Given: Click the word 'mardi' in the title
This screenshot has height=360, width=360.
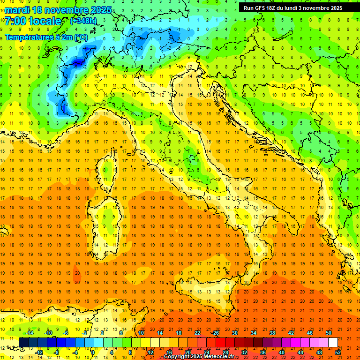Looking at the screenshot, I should [16, 10].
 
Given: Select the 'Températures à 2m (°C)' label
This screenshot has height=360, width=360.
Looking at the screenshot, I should [46, 37].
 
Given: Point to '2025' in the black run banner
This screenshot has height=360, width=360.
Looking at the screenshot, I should [334, 8].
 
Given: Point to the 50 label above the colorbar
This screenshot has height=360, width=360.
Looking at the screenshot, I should [328, 332].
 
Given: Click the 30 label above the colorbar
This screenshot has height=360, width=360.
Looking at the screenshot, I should [234, 332].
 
